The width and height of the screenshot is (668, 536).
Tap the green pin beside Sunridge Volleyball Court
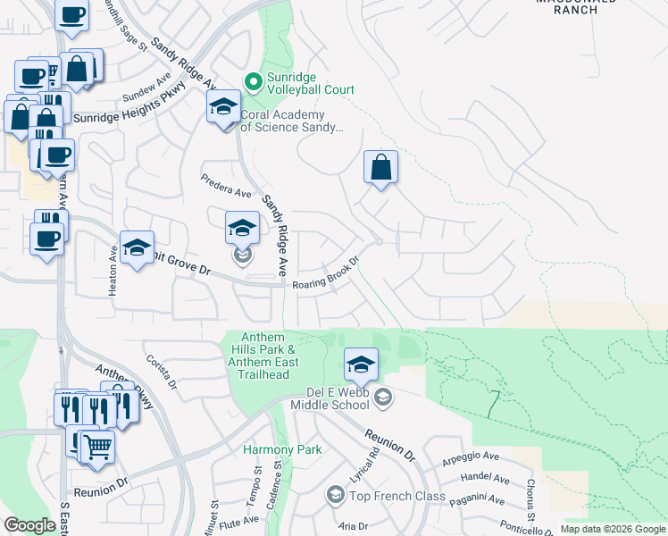pos(254,83)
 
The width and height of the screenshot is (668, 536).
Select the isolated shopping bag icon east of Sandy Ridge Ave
pos(380,167)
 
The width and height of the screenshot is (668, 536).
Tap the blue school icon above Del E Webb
pos(361,364)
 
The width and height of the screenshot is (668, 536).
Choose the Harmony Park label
pos(282,449)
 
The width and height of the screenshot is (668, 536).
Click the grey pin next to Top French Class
pos(335,495)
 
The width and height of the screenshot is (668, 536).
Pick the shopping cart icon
pos(97,446)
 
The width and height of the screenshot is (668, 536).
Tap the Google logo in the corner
pos(29,525)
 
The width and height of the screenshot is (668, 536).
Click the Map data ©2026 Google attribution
pos(613,529)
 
